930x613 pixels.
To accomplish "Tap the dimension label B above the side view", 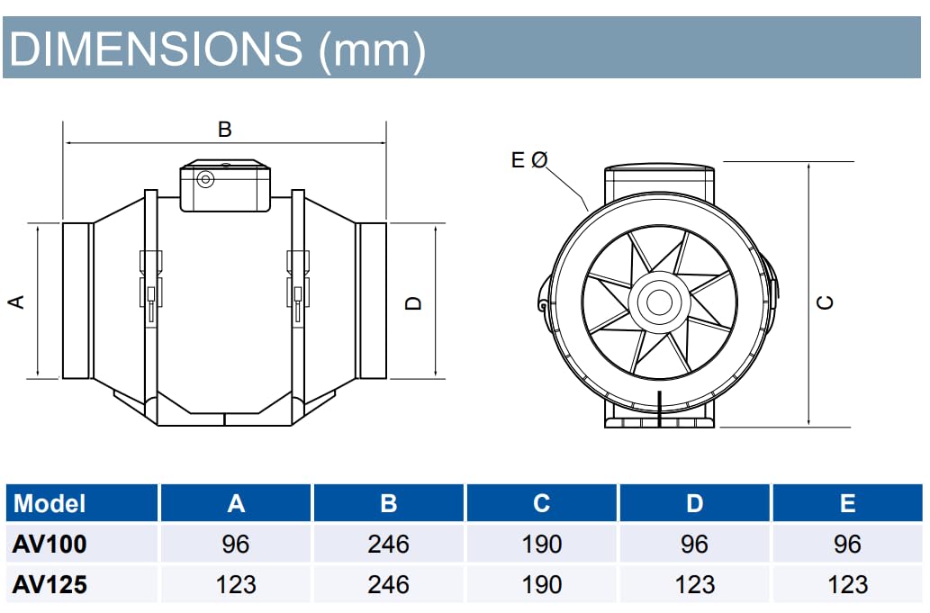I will click(225, 130).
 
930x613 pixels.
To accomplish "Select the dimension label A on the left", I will click(16, 302).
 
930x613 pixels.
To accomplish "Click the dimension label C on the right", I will click(825, 302).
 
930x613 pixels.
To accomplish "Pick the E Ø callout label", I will click(528, 160).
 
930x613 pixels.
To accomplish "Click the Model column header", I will click(50, 503).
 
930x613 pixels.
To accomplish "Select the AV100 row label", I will click(50, 544).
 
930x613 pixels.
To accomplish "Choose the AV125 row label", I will click(50, 584).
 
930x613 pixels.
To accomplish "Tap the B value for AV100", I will click(388, 544).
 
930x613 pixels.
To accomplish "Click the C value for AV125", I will click(541, 584).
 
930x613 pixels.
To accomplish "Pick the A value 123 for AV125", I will click(236, 584).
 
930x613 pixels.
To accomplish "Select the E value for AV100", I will click(847, 544).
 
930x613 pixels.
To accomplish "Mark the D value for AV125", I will click(694, 584).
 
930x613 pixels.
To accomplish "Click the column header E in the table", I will click(847, 503).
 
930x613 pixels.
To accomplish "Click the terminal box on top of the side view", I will click(225, 186).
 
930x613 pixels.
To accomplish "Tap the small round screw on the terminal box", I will click(206, 179).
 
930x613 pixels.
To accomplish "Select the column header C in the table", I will click(541, 503).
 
